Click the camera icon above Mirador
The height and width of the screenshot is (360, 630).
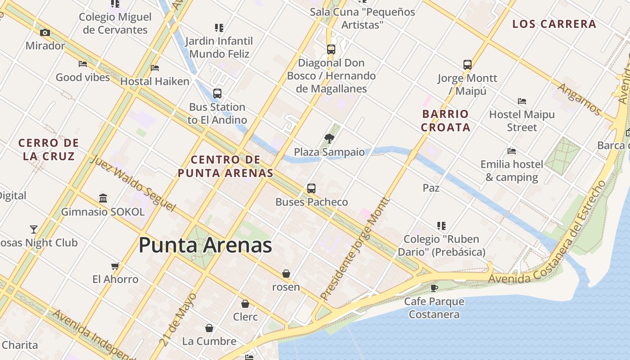click(x=45, y=32)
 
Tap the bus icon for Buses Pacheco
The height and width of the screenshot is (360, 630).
click(x=311, y=189)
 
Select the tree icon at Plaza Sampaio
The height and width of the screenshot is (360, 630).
click(x=329, y=139)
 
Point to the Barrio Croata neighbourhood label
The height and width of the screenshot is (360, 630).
click(x=445, y=121)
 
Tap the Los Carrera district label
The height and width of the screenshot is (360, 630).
click(x=554, y=24)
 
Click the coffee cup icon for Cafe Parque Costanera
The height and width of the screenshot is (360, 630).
click(x=434, y=288)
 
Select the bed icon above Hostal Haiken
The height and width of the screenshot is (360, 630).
click(x=155, y=68)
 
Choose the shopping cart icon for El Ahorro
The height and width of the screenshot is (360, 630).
click(x=115, y=266)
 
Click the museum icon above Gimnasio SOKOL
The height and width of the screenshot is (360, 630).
click(x=103, y=198)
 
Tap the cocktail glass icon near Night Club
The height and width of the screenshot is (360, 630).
click(x=34, y=229)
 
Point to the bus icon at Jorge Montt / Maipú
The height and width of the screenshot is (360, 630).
click(x=468, y=65)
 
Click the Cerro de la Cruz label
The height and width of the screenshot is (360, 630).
click(x=49, y=150)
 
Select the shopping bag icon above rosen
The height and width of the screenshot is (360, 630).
click(x=286, y=274)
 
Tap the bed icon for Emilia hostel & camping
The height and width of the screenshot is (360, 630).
click(x=511, y=151)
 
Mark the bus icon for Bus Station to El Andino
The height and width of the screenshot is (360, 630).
click(x=217, y=94)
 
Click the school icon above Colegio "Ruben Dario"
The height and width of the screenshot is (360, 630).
click(x=441, y=226)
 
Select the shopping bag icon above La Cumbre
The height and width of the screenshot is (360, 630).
click(x=209, y=328)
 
